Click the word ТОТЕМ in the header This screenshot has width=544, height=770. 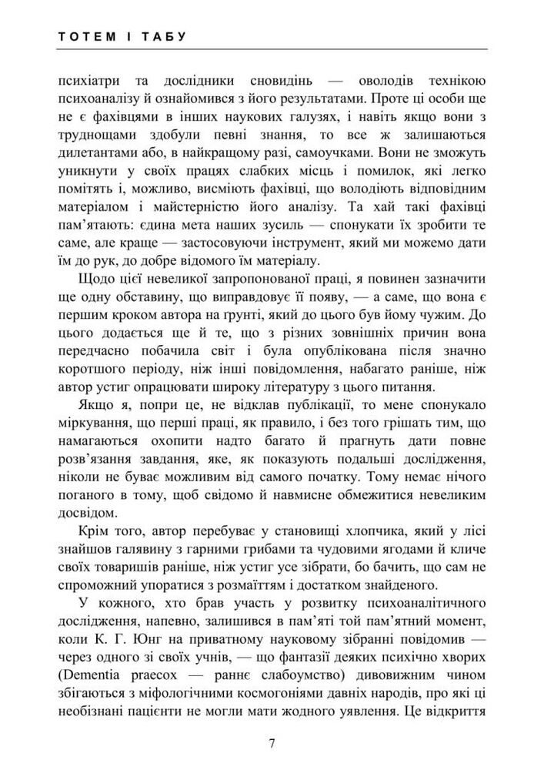(x=82, y=37)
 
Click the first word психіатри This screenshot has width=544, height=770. (x=85, y=81)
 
